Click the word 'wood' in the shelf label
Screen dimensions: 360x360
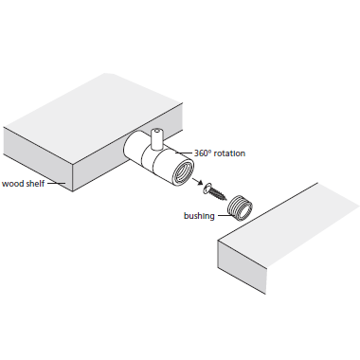point(12,184)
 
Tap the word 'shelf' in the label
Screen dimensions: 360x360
point(34,183)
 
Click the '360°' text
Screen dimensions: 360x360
point(202,153)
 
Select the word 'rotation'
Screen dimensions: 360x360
point(229,153)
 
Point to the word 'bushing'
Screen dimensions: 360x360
point(199,216)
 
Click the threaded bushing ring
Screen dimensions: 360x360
point(241,207)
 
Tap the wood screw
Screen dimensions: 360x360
point(216,191)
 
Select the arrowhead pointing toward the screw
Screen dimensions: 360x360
point(199,183)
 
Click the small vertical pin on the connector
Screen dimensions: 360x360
point(156,139)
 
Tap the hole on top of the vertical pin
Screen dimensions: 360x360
point(157,130)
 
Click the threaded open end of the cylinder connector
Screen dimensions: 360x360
point(182,171)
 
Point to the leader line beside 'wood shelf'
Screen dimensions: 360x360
point(56,183)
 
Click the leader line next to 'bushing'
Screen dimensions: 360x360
point(225,216)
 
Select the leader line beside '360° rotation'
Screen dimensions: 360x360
point(184,153)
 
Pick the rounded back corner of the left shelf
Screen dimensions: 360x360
point(110,74)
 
